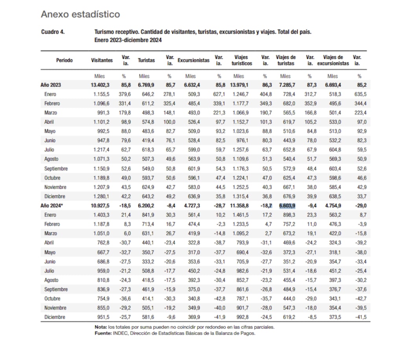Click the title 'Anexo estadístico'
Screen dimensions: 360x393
tap(80, 15)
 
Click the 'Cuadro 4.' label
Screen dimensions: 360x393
tap(53, 32)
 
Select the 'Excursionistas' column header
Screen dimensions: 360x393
tap(193, 60)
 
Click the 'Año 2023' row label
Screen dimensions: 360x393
tap(51, 85)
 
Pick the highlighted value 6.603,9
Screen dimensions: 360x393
tap(287, 206)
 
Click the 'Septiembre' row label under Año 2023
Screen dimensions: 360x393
tap(56, 168)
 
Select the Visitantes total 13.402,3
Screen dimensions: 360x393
tap(101, 85)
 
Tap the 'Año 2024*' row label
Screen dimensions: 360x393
tap(52, 206)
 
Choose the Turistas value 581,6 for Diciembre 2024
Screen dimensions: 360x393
tap(147, 317)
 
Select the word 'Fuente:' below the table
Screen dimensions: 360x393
tap(103, 333)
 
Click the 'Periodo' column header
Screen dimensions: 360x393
tap(64, 60)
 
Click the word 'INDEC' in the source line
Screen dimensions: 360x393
tap(120, 333)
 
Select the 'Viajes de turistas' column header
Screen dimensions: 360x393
tap(286, 60)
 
